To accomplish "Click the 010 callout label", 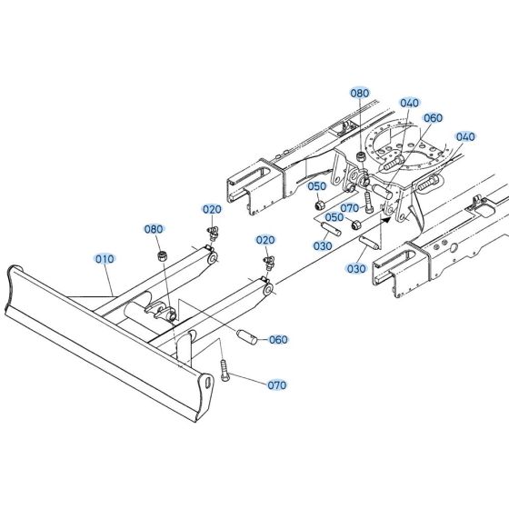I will (x=105, y=258).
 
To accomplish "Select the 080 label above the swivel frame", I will (x=360, y=93).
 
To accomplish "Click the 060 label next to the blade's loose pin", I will (x=277, y=339).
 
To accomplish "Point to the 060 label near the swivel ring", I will (x=433, y=117).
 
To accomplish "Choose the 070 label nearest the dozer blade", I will (x=276, y=384).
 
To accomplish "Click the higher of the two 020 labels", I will (x=212, y=209).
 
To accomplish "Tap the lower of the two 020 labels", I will (x=265, y=240).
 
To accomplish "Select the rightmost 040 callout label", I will (x=465, y=137).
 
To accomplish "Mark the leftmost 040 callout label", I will (x=409, y=103).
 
